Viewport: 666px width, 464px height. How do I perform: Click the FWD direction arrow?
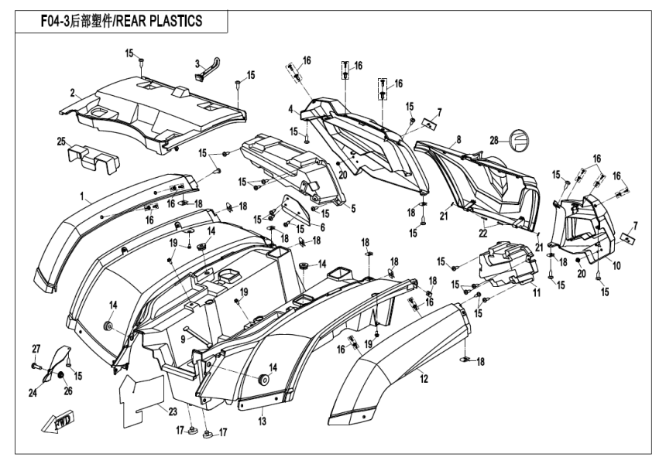(x=57, y=424)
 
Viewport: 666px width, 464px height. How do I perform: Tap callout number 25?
(x=60, y=142)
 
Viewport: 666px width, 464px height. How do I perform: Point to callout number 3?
(x=176, y=63)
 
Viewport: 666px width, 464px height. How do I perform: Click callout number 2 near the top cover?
(x=72, y=93)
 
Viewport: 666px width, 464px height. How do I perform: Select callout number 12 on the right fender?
(x=423, y=379)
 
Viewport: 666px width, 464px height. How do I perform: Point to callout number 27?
(x=35, y=347)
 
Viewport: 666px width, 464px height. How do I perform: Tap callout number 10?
(x=616, y=264)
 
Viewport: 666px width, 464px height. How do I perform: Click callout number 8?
(x=458, y=139)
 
